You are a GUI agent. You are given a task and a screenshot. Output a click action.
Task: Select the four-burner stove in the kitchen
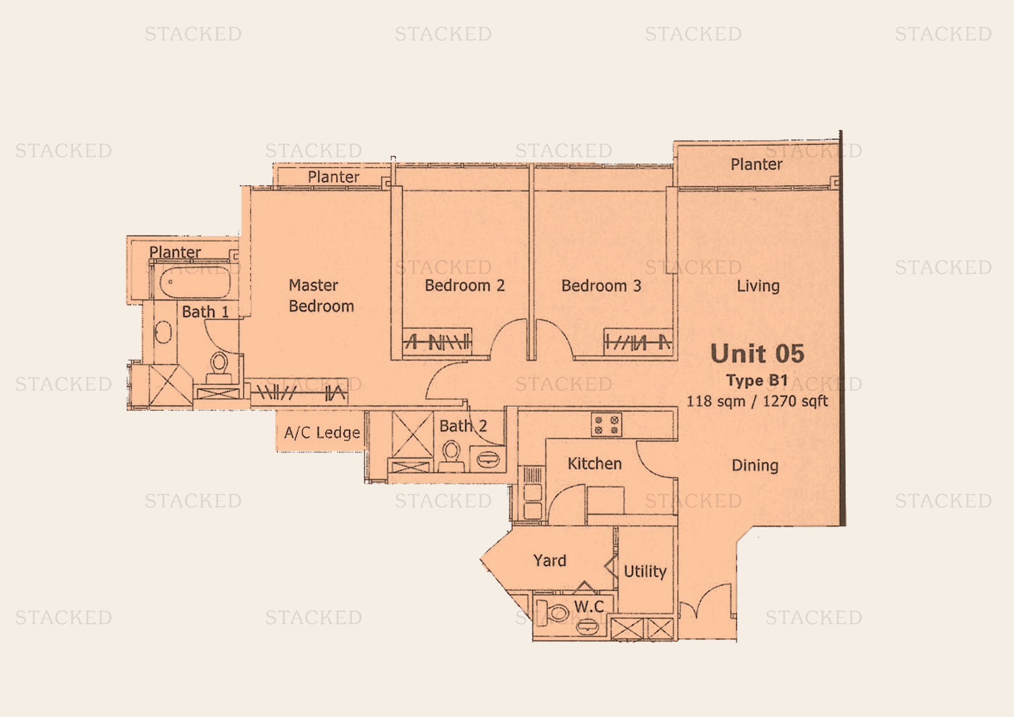pos(606,425)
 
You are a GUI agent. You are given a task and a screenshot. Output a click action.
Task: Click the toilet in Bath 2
pos(450,456)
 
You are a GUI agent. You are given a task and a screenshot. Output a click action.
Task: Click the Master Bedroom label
pos(321,295)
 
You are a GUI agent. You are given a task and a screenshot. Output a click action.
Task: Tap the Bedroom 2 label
pos(465,286)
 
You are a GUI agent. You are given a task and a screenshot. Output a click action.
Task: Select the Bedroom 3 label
pos(601,286)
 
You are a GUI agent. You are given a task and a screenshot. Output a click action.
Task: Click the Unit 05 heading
pos(757,354)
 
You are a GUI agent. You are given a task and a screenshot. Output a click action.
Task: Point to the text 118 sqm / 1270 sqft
pos(757,401)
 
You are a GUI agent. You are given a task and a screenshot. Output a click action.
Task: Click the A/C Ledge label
pos(322,433)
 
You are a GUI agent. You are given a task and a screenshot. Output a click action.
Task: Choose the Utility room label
pos(645,571)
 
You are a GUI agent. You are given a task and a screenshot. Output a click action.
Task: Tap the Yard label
pos(549,560)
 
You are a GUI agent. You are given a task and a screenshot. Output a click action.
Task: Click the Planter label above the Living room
pos(756,164)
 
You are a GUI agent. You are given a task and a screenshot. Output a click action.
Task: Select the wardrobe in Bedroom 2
pos(437,341)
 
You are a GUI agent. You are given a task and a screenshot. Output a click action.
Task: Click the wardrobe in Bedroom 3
pos(638,342)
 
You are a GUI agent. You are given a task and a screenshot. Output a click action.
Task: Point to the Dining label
pos(755,465)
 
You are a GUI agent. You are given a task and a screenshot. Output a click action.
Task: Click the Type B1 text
pos(757,380)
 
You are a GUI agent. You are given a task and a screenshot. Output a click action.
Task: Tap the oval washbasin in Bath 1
pos(163,332)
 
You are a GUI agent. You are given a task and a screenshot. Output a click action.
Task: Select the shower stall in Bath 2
pos(412,434)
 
